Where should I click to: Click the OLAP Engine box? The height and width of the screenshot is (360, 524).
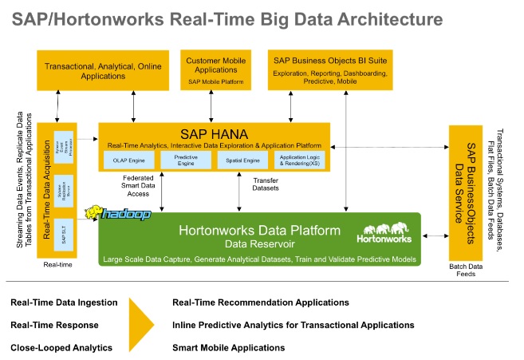click(124, 160)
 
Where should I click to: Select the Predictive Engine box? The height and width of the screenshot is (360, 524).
click(185, 160)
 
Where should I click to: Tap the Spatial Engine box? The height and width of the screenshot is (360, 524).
click(242, 160)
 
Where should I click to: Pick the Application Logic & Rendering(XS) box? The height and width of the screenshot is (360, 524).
click(299, 160)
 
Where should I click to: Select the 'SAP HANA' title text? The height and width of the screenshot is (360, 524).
click(212, 134)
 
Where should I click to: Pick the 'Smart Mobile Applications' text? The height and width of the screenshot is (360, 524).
click(228, 347)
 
